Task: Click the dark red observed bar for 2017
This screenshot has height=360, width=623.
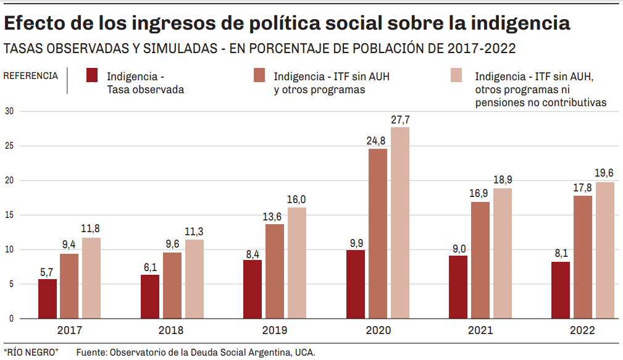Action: [x=48, y=299]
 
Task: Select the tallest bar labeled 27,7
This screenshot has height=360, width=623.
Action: [x=400, y=222]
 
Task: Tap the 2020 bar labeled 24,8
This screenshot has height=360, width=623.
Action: [x=378, y=233]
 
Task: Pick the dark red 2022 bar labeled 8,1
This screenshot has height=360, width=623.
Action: [x=561, y=290]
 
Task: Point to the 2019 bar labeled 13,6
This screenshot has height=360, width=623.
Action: [x=275, y=271]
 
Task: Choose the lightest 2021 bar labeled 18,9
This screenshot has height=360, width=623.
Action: [x=503, y=253]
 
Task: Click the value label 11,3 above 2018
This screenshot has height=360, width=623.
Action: [x=194, y=232]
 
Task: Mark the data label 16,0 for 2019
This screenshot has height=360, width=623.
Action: [x=296, y=199]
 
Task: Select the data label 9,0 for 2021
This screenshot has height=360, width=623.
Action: [x=458, y=248]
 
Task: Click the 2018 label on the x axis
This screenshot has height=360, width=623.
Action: [x=171, y=330]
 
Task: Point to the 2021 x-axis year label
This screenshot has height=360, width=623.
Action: [x=480, y=330]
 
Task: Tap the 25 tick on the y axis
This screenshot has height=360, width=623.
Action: [x=9, y=146]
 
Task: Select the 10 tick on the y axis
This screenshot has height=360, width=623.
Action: [x=9, y=249]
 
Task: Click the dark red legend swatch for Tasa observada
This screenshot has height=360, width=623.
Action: [x=93, y=75]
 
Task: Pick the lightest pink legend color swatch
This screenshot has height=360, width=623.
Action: [x=457, y=75]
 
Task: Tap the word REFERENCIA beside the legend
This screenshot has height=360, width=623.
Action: [x=31, y=76]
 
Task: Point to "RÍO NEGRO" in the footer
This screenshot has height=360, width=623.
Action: [x=31, y=352]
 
